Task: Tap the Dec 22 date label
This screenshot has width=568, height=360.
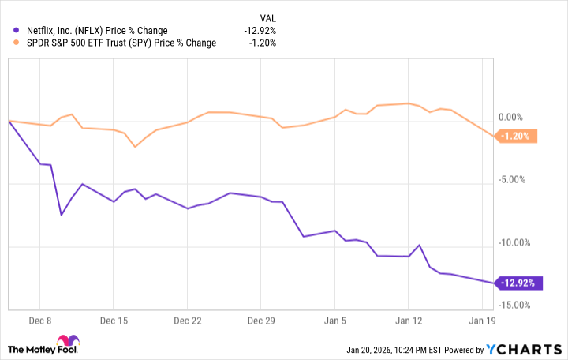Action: [187, 321]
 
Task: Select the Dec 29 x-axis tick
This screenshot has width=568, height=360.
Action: [261, 321]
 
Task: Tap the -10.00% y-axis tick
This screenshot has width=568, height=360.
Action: [518, 242]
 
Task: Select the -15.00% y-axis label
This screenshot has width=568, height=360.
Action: [518, 305]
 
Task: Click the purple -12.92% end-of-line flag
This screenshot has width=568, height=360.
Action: [519, 283]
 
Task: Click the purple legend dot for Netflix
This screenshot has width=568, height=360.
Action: [9, 30]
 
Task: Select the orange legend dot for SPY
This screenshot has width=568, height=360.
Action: [9, 43]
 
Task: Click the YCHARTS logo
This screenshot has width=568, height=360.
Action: [529, 349]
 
